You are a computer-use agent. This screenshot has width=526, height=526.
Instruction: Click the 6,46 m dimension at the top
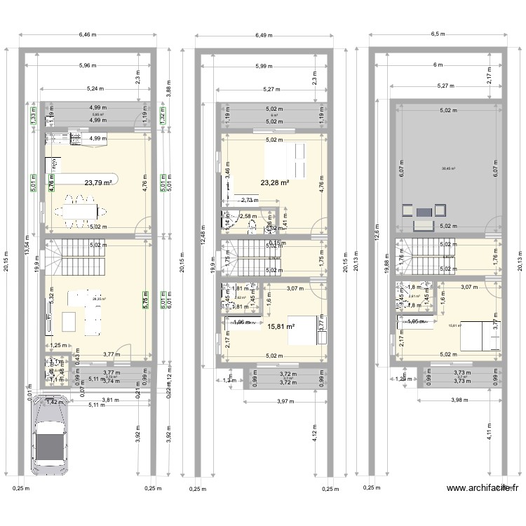[x=88, y=33]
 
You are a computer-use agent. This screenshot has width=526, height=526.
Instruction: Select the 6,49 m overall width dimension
[x=264, y=33]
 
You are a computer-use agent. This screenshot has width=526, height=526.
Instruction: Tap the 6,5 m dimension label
[x=437, y=33]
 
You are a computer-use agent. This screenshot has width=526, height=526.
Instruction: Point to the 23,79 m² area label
[x=99, y=183]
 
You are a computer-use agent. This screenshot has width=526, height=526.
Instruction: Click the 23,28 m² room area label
[x=275, y=183]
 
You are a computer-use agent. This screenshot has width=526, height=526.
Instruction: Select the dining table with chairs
[x=83, y=210]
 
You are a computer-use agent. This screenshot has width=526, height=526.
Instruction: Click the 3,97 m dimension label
[x=283, y=401]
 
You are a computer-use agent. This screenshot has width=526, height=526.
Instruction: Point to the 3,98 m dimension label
[x=457, y=401]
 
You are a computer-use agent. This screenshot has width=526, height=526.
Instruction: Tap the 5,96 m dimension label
[x=88, y=66]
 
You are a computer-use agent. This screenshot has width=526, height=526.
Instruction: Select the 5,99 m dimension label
[x=264, y=66]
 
